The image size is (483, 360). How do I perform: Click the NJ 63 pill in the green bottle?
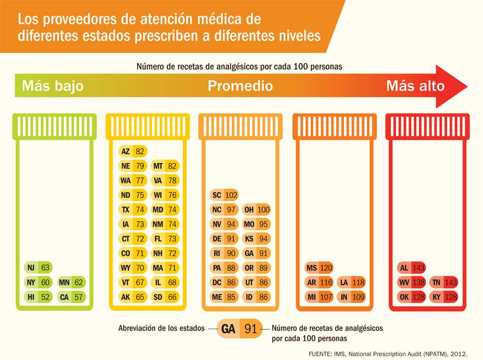[38, 268]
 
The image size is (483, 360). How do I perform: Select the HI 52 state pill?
[38, 297]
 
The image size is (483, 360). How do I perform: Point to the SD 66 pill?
[165, 297]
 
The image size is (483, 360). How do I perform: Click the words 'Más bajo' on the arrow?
[52, 86]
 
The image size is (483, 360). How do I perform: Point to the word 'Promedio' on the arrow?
[240, 86]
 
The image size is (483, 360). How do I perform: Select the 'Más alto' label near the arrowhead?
[415, 86]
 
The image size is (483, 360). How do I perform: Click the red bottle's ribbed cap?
[428, 126]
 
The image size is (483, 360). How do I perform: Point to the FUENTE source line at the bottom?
[388, 353]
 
